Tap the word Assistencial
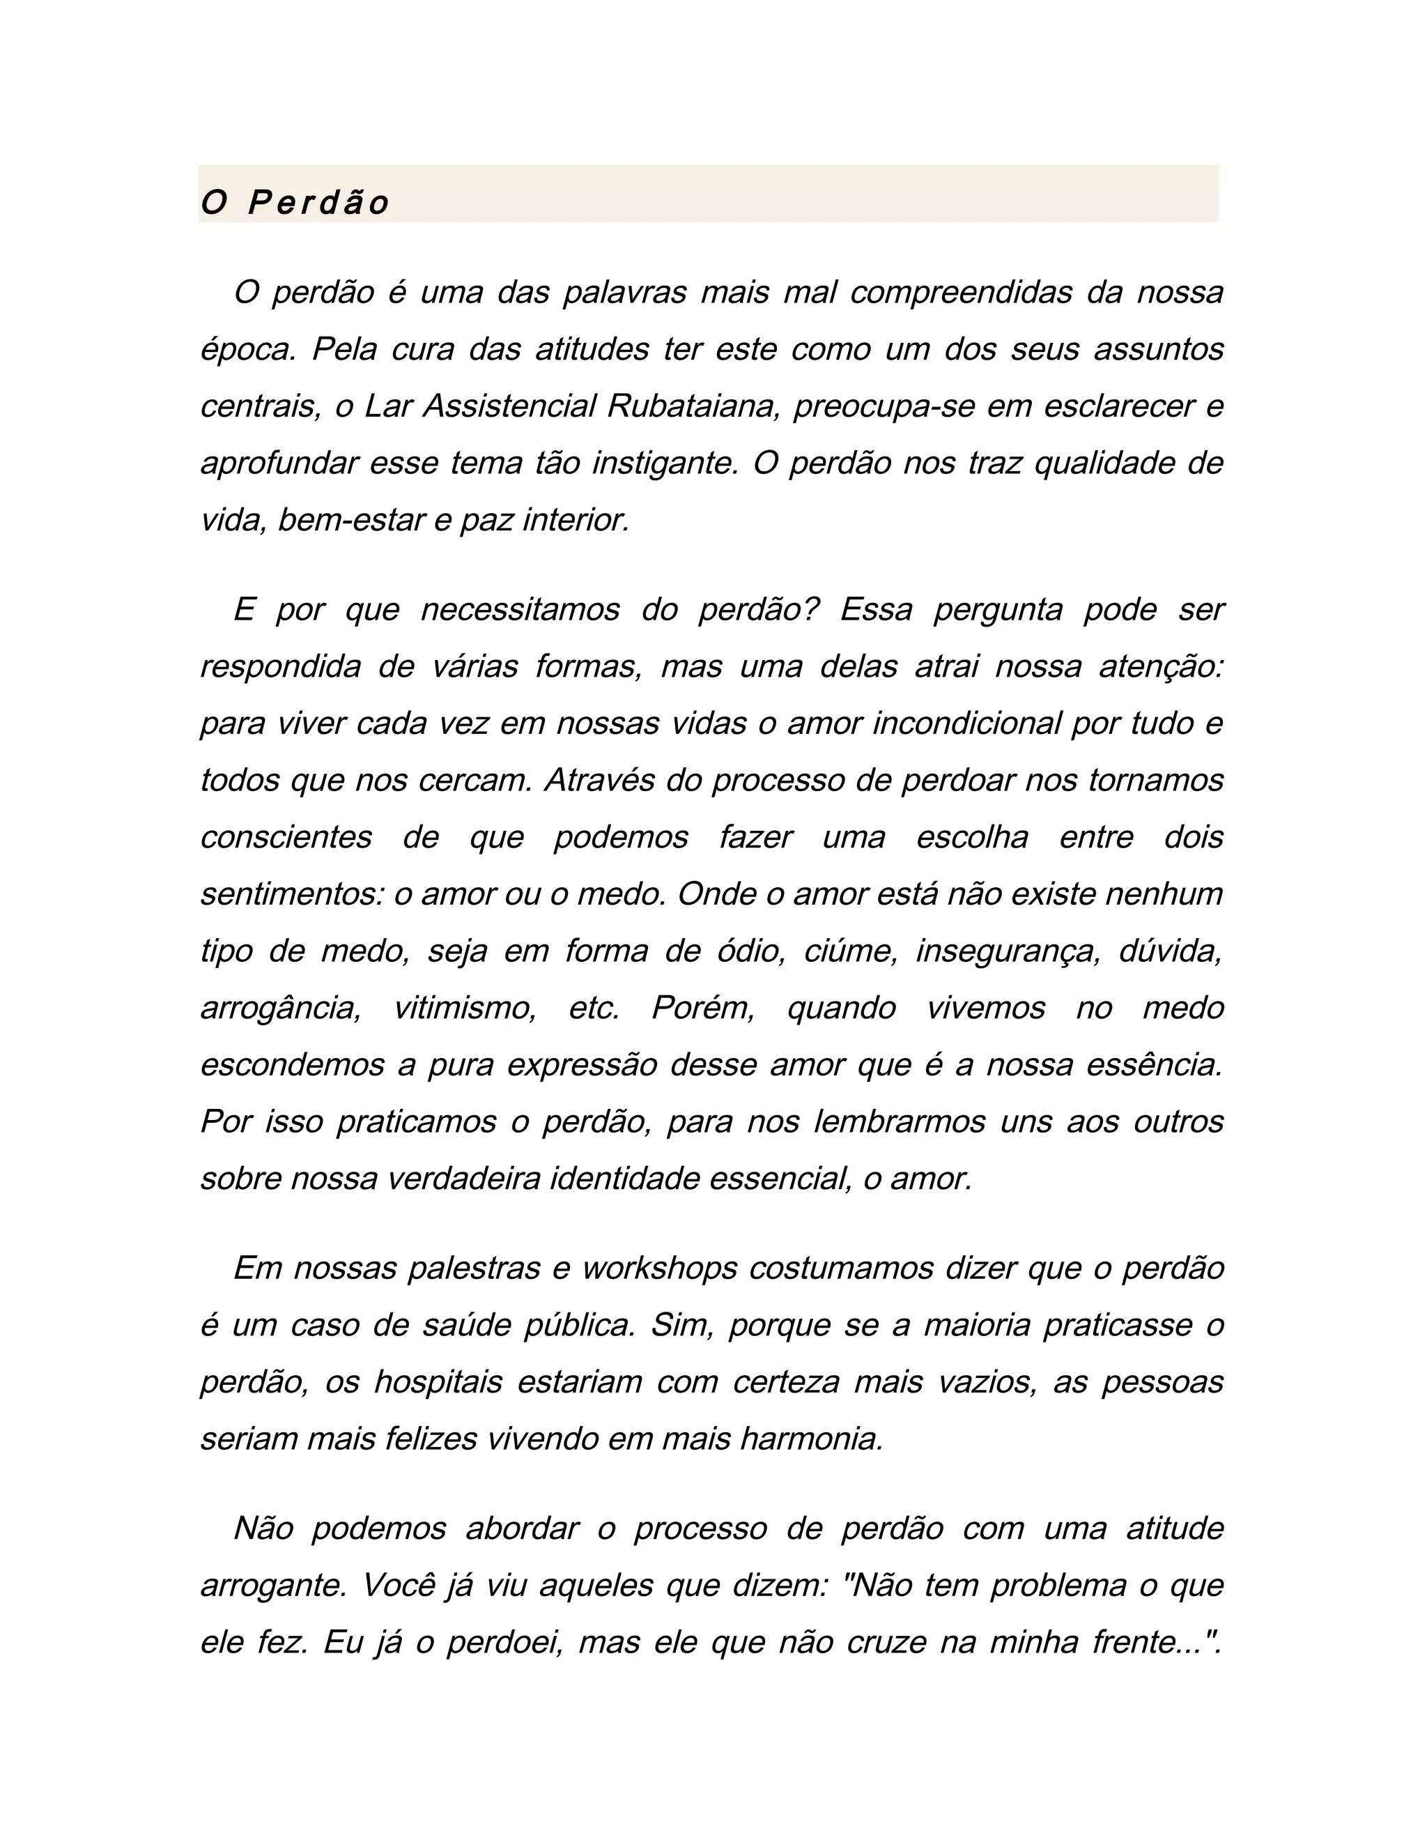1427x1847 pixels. [x=510, y=406]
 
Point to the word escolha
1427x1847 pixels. [x=972, y=837]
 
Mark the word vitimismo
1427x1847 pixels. [x=465, y=1008]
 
